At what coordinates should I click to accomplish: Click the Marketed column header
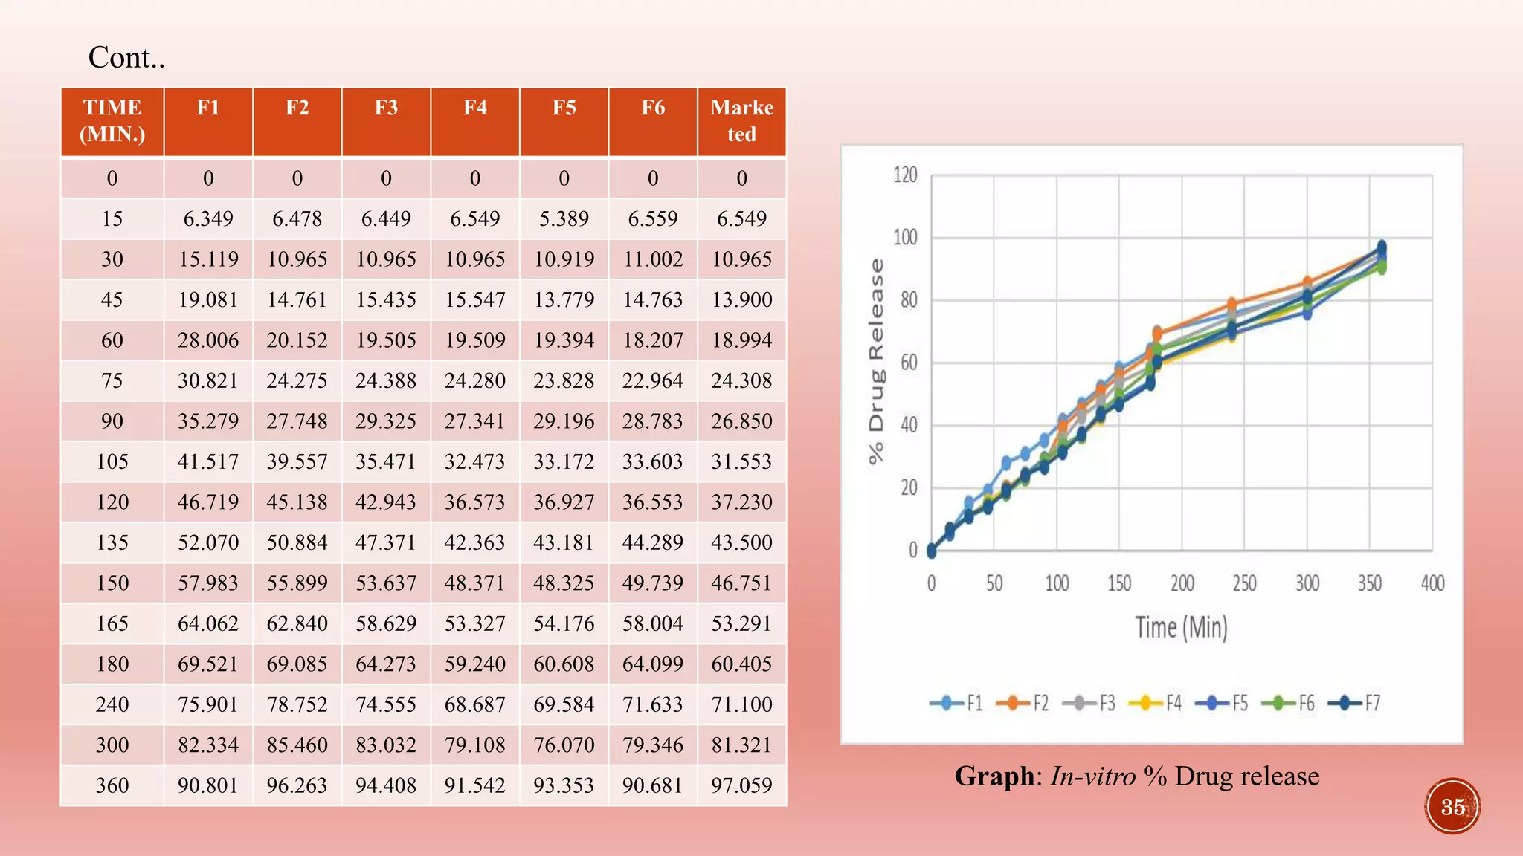[741, 121]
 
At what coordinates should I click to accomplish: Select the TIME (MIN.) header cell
[112, 121]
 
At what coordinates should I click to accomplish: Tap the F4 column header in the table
[475, 108]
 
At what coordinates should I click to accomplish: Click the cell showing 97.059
[741, 785]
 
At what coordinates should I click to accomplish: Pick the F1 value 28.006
[208, 340]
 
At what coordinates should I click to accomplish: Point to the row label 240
[112, 704]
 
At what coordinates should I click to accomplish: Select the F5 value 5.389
[564, 218]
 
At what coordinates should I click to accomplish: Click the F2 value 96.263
[297, 785]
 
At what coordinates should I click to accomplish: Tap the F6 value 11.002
[653, 259]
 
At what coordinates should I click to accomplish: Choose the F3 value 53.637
[386, 583]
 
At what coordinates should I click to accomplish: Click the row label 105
[112, 461]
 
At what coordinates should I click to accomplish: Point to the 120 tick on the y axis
[905, 175]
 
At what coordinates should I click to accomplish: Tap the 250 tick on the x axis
[1244, 583]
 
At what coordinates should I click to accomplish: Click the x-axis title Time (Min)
[1181, 628]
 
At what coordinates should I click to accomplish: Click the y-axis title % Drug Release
[877, 362]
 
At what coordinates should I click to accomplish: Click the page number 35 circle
[1452, 807]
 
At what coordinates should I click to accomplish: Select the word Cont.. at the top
[126, 58]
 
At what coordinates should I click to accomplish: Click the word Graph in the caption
[994, 776]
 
